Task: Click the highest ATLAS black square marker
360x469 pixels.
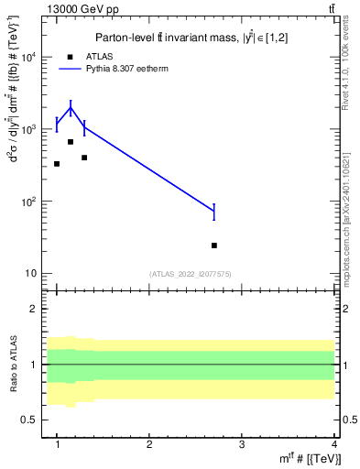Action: [x=71, y=142]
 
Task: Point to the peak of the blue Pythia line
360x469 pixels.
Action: [x=71, y=108]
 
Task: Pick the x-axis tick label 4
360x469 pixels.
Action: [x=333, y=444]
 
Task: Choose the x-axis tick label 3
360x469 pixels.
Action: [x=241, y=444]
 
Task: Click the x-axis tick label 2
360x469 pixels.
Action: [x=149, y=444]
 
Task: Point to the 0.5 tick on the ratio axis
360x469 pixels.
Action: [x=29, y=420]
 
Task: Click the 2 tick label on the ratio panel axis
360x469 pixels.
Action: [x=35, y=309]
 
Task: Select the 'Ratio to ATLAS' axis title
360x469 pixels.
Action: [x=12, y=365]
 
